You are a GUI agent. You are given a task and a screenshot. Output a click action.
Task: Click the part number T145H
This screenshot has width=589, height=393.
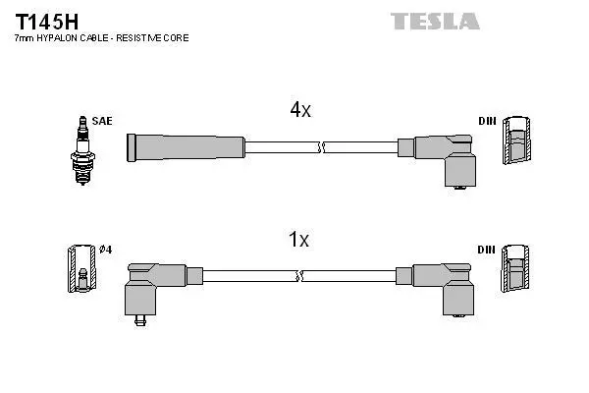click(46, 23)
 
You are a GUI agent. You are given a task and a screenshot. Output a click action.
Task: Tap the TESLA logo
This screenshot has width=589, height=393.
click(435, 21)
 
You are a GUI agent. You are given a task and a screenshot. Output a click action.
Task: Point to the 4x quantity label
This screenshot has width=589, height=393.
click(300, 110)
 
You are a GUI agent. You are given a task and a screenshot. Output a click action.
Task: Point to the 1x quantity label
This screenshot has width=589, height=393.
click(299, 239)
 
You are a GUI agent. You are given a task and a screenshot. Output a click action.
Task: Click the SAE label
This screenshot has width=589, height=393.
click(102, 121)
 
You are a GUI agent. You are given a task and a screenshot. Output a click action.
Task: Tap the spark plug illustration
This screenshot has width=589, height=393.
click(82, 150)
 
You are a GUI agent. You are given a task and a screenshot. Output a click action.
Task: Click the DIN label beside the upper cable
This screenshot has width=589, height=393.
click(487, 121)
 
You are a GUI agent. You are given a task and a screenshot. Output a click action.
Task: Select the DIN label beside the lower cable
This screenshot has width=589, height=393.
click(487, 250)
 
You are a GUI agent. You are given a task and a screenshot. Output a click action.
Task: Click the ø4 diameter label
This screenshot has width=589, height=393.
click(106, 250)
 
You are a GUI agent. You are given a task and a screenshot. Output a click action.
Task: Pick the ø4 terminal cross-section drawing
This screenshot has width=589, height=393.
click(81, 268)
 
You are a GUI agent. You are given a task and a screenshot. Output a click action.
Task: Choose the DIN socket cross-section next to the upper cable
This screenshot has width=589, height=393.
click(517, 140)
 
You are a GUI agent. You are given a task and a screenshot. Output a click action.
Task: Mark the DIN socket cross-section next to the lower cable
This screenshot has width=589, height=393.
click(515, 268)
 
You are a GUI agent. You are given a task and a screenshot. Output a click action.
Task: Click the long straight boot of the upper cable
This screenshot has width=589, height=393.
click(186, 147)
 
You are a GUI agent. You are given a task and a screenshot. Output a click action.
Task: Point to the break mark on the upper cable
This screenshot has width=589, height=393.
click(320, 147)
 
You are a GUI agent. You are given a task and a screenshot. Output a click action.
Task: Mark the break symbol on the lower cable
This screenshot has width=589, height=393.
click(299, 276)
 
